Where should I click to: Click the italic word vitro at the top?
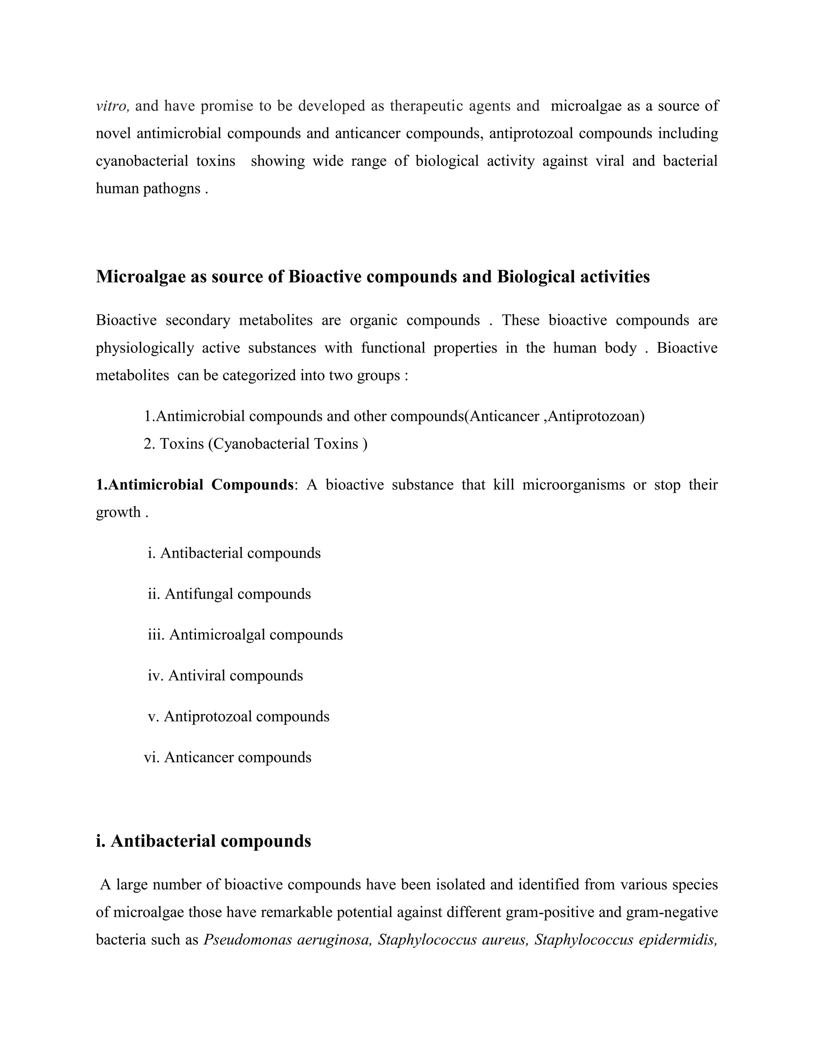(112, 106)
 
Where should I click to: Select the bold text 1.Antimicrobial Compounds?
(194, 484)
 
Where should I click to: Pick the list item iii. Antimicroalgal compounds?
(246, 635)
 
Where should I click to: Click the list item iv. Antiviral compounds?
(226, 675)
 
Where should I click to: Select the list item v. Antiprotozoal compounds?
(239, 716)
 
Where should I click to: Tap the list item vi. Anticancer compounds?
(228, 757)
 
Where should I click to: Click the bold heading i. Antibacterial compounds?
(203, 841)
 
